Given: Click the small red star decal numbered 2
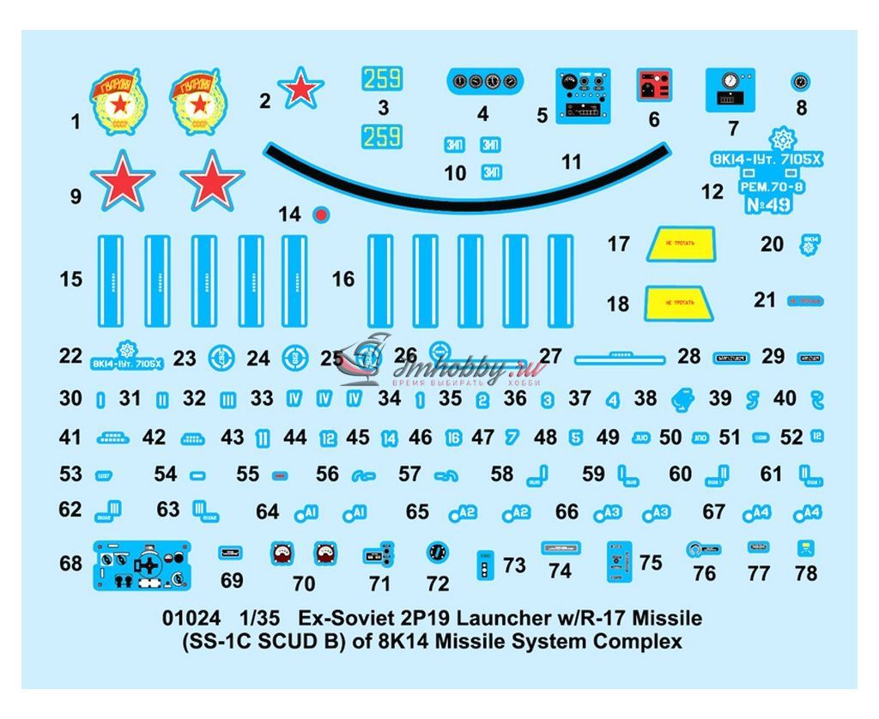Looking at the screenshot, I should click(x=300, y=88).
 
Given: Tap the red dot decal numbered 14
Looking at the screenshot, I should click(x=320, y=214).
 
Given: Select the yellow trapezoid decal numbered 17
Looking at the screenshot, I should click(x=684, y=243).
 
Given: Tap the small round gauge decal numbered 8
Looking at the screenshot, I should click(x=800, y=82).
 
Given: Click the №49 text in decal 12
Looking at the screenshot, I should click(x=766, y=205).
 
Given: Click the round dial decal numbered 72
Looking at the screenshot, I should click(x=438, y=553).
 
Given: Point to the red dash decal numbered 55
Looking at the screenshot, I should click(x=277, y=474).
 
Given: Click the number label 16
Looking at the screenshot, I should click(x=343, y=279).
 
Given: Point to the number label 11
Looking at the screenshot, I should click(x=571, y=161).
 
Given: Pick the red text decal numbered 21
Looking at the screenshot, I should click(x=805, y=301).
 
